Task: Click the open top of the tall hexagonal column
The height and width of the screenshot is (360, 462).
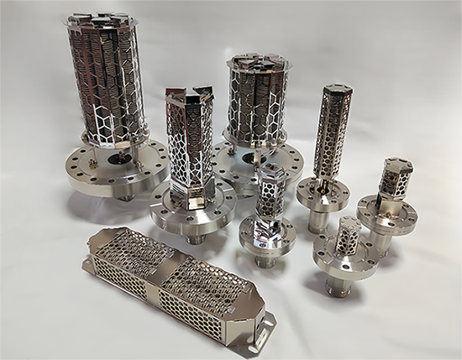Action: tap(188, 95)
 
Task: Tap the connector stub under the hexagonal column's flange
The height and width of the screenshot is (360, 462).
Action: tap(195, 240)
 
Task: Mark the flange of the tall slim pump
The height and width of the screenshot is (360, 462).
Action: tap(323, 194)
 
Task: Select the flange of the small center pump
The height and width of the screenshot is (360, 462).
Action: tap(267, 234)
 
